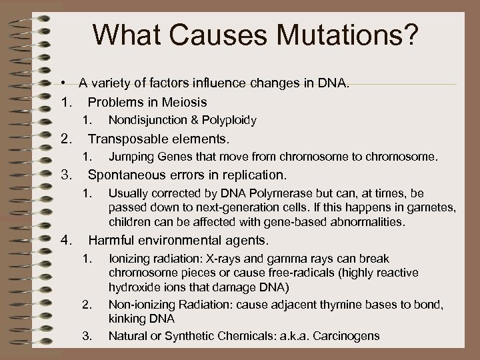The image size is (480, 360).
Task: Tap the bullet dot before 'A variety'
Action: pos(61,83)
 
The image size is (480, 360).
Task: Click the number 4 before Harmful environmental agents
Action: pos(65,239)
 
